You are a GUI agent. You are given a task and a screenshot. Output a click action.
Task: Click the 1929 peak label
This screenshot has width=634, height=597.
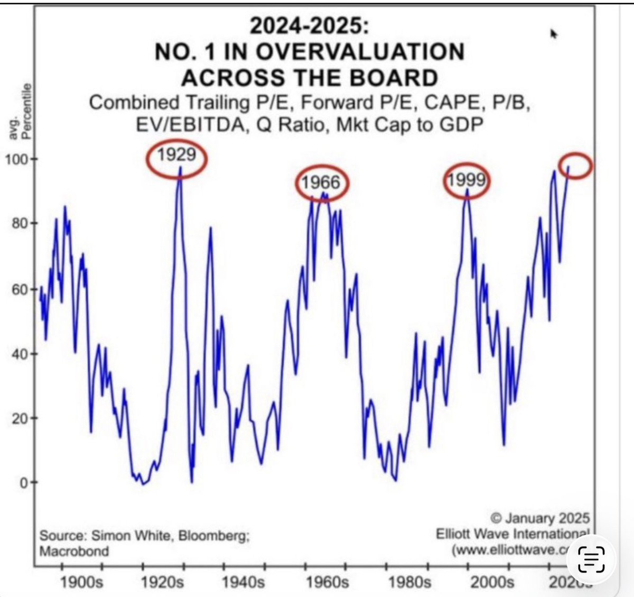click(x=177, y=155)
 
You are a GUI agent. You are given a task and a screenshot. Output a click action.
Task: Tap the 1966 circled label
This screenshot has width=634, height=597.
click(x=321, y=182)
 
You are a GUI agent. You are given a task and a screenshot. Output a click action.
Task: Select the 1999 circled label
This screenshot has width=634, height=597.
click(x=466, y=181)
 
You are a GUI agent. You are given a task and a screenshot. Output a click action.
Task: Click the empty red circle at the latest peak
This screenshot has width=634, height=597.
click(x=575, y=166)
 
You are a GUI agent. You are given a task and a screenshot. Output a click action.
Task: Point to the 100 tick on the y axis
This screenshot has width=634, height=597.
click(x=17, y=159)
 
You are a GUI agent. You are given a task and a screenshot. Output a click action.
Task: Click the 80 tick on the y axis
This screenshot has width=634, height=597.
click(x=20, y=224)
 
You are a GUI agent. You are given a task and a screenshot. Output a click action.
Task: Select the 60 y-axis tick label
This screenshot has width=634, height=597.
click(x=20, y=289)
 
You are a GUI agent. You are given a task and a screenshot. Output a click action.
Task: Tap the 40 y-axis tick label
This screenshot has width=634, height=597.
click(x=20, y=354)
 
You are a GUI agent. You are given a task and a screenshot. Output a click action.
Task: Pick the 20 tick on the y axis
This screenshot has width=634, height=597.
click(x=20, y=418)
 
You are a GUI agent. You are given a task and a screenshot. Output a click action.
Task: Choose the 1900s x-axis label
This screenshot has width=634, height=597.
click(x=81, y=583)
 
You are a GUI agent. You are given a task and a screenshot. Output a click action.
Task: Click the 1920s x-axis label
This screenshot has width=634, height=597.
click(x=163, y=583)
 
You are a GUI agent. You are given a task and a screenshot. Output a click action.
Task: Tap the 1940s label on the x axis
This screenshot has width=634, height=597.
click(x=244, y=583)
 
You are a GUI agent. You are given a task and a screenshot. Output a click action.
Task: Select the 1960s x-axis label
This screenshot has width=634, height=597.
click(x=328, y=583)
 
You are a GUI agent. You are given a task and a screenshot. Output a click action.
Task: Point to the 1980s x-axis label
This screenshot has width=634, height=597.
click(x=409, y=583)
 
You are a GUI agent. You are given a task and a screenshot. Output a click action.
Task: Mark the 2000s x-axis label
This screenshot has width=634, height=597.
click(x=492, y=583)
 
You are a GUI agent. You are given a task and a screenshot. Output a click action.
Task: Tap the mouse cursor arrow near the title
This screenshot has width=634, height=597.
click(x=554, y=34)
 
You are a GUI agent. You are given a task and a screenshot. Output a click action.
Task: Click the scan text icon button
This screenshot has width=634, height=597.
click(x=591, y=559)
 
